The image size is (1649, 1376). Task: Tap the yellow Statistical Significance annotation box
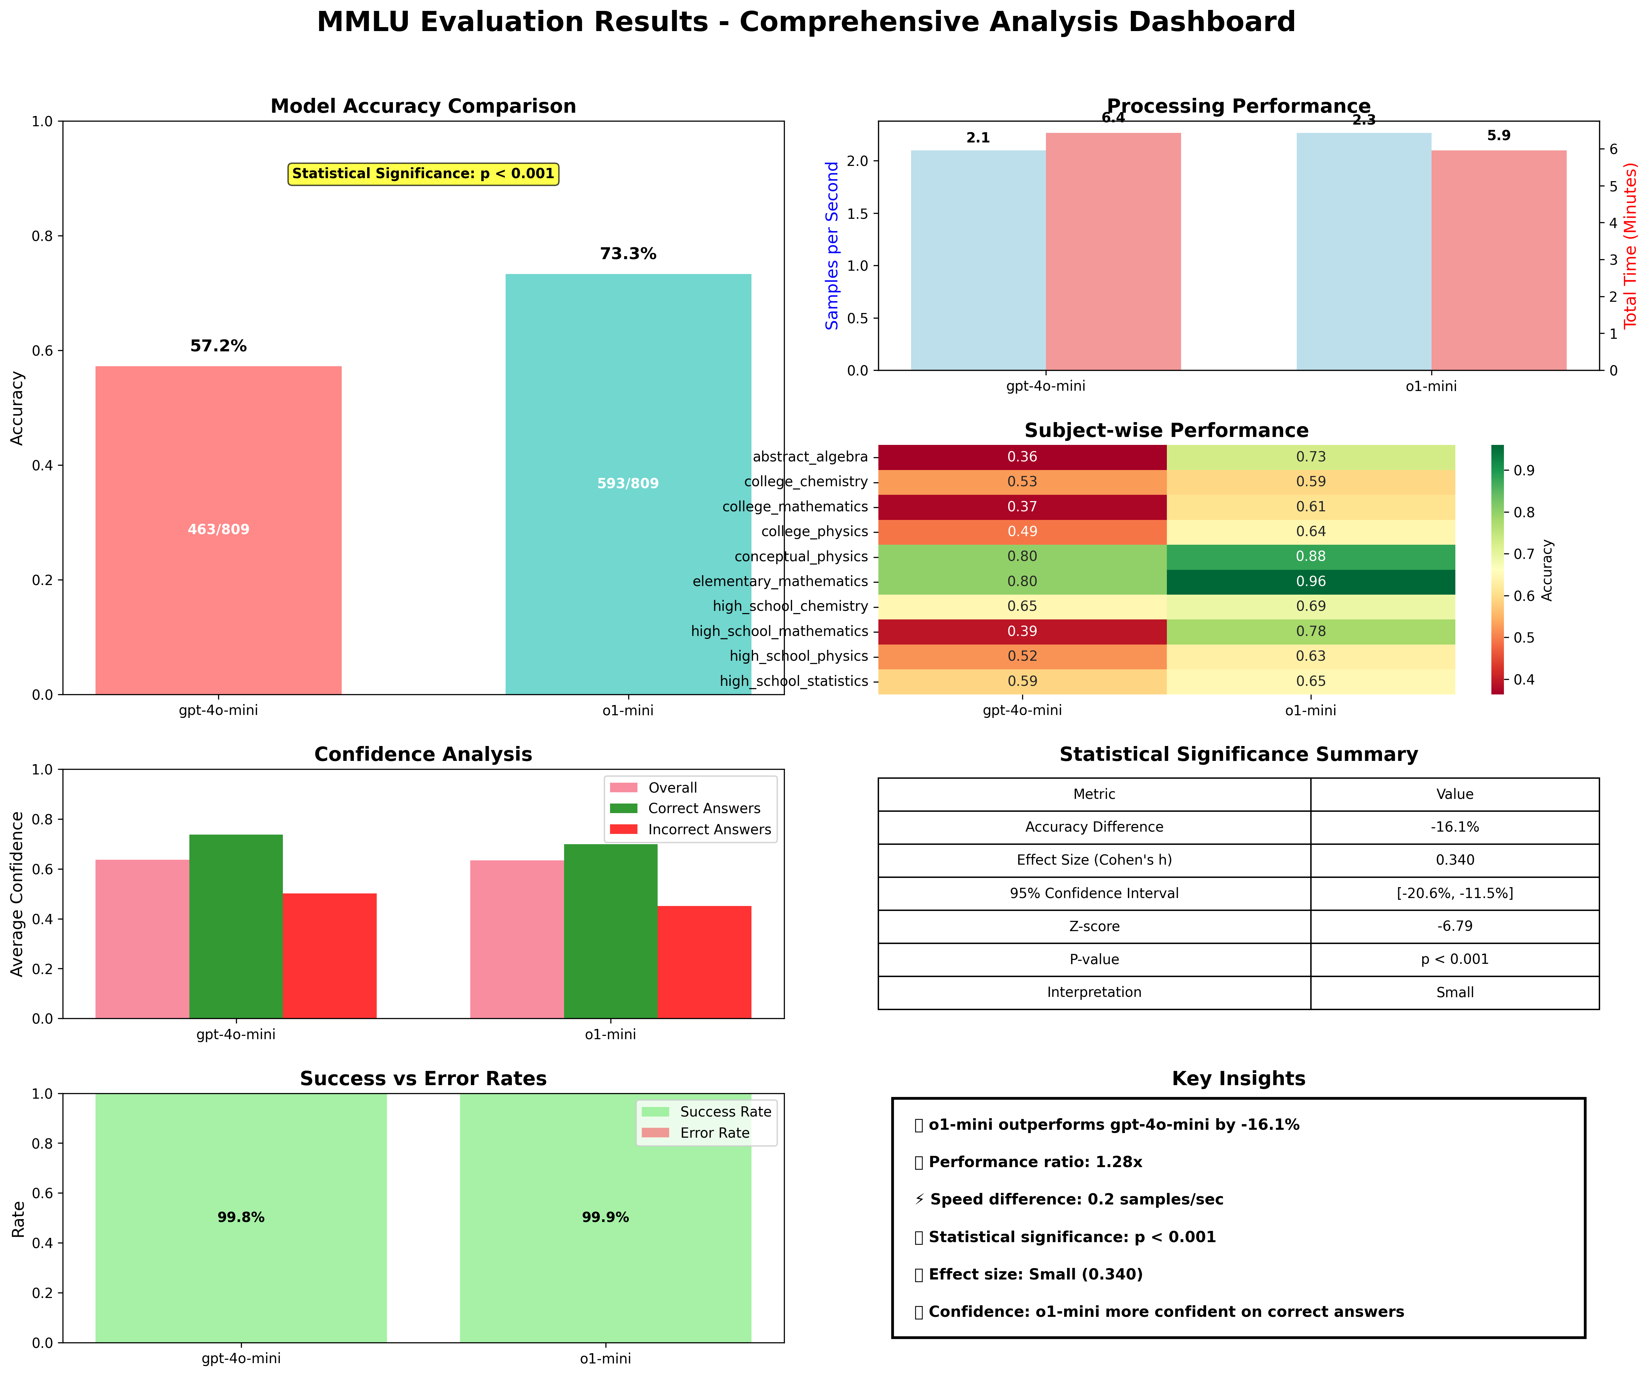click(x=423, y=174)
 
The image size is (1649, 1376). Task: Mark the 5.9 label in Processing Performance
click(x=1498, y=136)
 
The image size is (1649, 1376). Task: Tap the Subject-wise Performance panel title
click(x=1166, y=430)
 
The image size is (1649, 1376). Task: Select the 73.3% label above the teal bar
click(x=628, y=254)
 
